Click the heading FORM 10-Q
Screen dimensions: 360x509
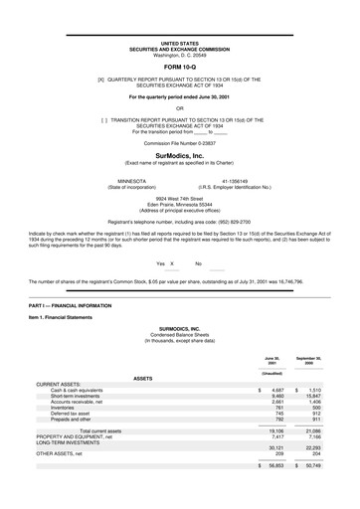[x=179, y=66]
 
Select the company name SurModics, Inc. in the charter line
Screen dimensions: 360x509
[x=179, y=157]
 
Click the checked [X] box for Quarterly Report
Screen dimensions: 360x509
[x=100, y=79]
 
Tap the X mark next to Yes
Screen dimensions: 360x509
[x=172, y=263]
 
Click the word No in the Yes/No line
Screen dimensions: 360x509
[x=198, y=263]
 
